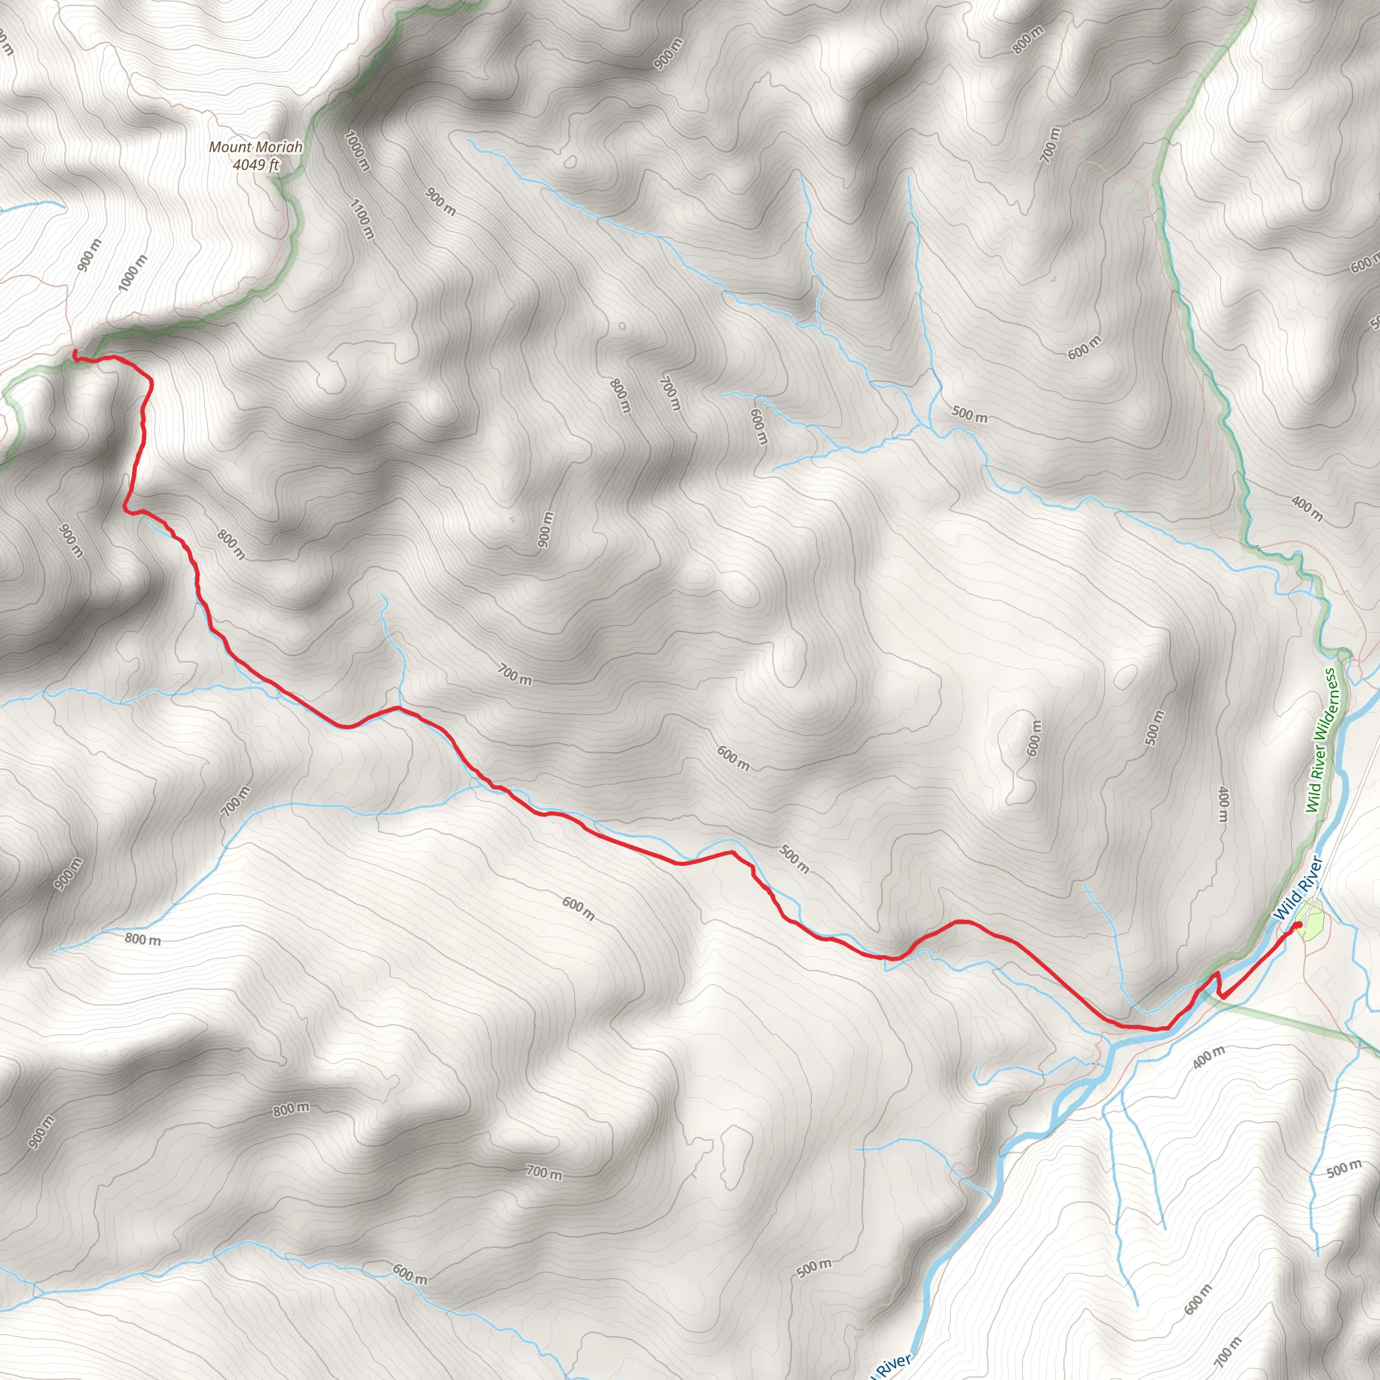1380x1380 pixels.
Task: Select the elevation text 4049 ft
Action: (255, 165)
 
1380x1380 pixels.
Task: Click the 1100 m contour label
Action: (361, 219)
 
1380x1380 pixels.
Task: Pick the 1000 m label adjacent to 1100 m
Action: (357, 151)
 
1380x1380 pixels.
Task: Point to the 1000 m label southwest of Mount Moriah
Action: (133, 272)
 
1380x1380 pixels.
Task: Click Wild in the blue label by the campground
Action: (1284, 908)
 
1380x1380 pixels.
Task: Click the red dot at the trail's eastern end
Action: (1298, 926)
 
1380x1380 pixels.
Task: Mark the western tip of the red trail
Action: (75, 352)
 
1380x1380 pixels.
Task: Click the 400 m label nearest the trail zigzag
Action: (1208, 1057)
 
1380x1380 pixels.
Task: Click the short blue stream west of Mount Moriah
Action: (32, 206)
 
